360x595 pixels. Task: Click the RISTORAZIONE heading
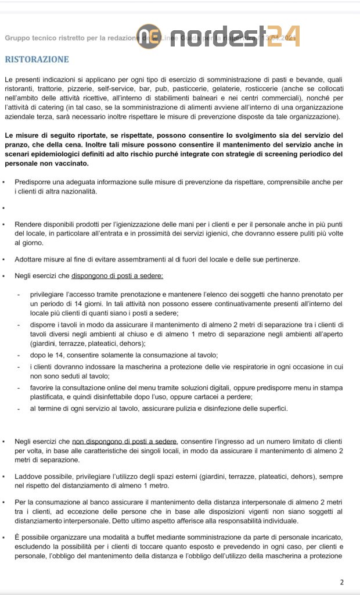click(x=37, y=59)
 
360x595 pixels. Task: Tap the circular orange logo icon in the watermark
click(x=148, y=37)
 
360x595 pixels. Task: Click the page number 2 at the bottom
click(x=342, y=582)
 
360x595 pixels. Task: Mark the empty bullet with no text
click(x=5, y=207)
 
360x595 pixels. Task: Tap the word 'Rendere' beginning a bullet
click(x=28, y=224)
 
